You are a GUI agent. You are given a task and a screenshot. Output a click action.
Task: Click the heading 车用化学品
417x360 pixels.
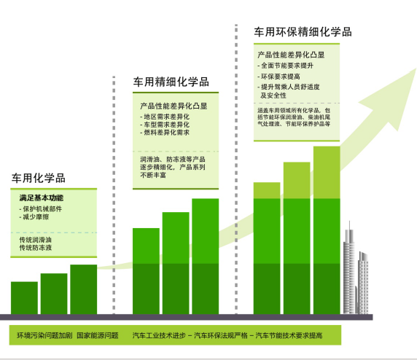[x=39, y=178]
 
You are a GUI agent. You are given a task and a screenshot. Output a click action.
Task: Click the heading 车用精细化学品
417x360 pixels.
[x=171, y=82]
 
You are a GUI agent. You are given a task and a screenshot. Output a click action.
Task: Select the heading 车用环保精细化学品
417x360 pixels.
[x=303, y=32]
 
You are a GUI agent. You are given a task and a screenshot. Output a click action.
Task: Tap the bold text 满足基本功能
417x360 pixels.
[x=42, y=197]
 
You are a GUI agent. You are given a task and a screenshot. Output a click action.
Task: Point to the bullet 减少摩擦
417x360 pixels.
[x=34, y=217]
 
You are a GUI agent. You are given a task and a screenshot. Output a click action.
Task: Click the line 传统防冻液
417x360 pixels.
[x=36, y=248]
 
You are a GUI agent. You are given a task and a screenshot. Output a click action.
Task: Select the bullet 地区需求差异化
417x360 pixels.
[x=165, y=117]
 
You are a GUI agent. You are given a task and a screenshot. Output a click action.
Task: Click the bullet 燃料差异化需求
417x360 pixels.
[x=165, y=133]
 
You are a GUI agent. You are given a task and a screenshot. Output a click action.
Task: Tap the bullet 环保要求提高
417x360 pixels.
[x=278, y=77]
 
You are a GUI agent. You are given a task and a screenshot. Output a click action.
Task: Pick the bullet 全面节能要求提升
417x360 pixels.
[x=285, y=66]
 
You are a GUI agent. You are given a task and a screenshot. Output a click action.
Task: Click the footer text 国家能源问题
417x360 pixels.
[x=98, y=335]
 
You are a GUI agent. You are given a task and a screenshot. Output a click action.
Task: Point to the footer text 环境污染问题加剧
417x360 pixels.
[x=44, y=335]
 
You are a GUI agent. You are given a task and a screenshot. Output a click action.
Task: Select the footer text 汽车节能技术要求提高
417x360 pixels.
[x=289, y=335]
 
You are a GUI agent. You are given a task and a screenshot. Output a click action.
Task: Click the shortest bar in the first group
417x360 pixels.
[x=24, y=298]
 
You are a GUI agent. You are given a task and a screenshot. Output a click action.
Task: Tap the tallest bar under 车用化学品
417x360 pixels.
[x=84, y=289]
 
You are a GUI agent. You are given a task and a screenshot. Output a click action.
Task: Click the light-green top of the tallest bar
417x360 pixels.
[x=327, y=172]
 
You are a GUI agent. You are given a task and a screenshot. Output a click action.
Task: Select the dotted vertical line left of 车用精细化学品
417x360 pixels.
[x=114, y=195]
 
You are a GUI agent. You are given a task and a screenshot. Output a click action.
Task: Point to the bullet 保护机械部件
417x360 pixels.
[x=40, y=209]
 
